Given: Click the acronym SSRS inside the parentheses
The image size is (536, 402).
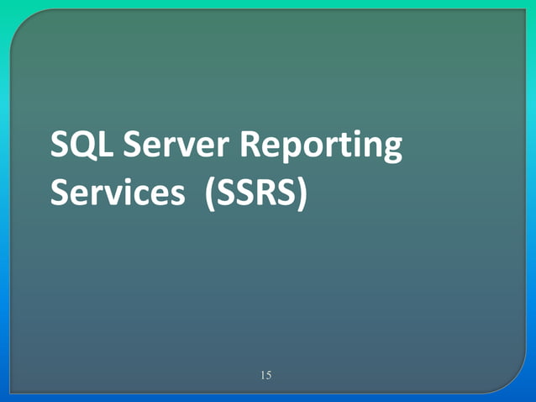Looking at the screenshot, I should coord(256,193).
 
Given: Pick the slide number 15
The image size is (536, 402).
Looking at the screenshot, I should coord(265,375).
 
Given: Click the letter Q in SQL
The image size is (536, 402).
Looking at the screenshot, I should coord(84,146).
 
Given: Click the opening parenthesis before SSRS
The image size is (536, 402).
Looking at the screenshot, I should coord(210,193).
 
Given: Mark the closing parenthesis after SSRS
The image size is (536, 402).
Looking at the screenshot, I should coord(302,193).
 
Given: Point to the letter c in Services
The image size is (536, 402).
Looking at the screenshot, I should coord(139,195).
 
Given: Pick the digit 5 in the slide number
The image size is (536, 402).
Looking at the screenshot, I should coord(269,375).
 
